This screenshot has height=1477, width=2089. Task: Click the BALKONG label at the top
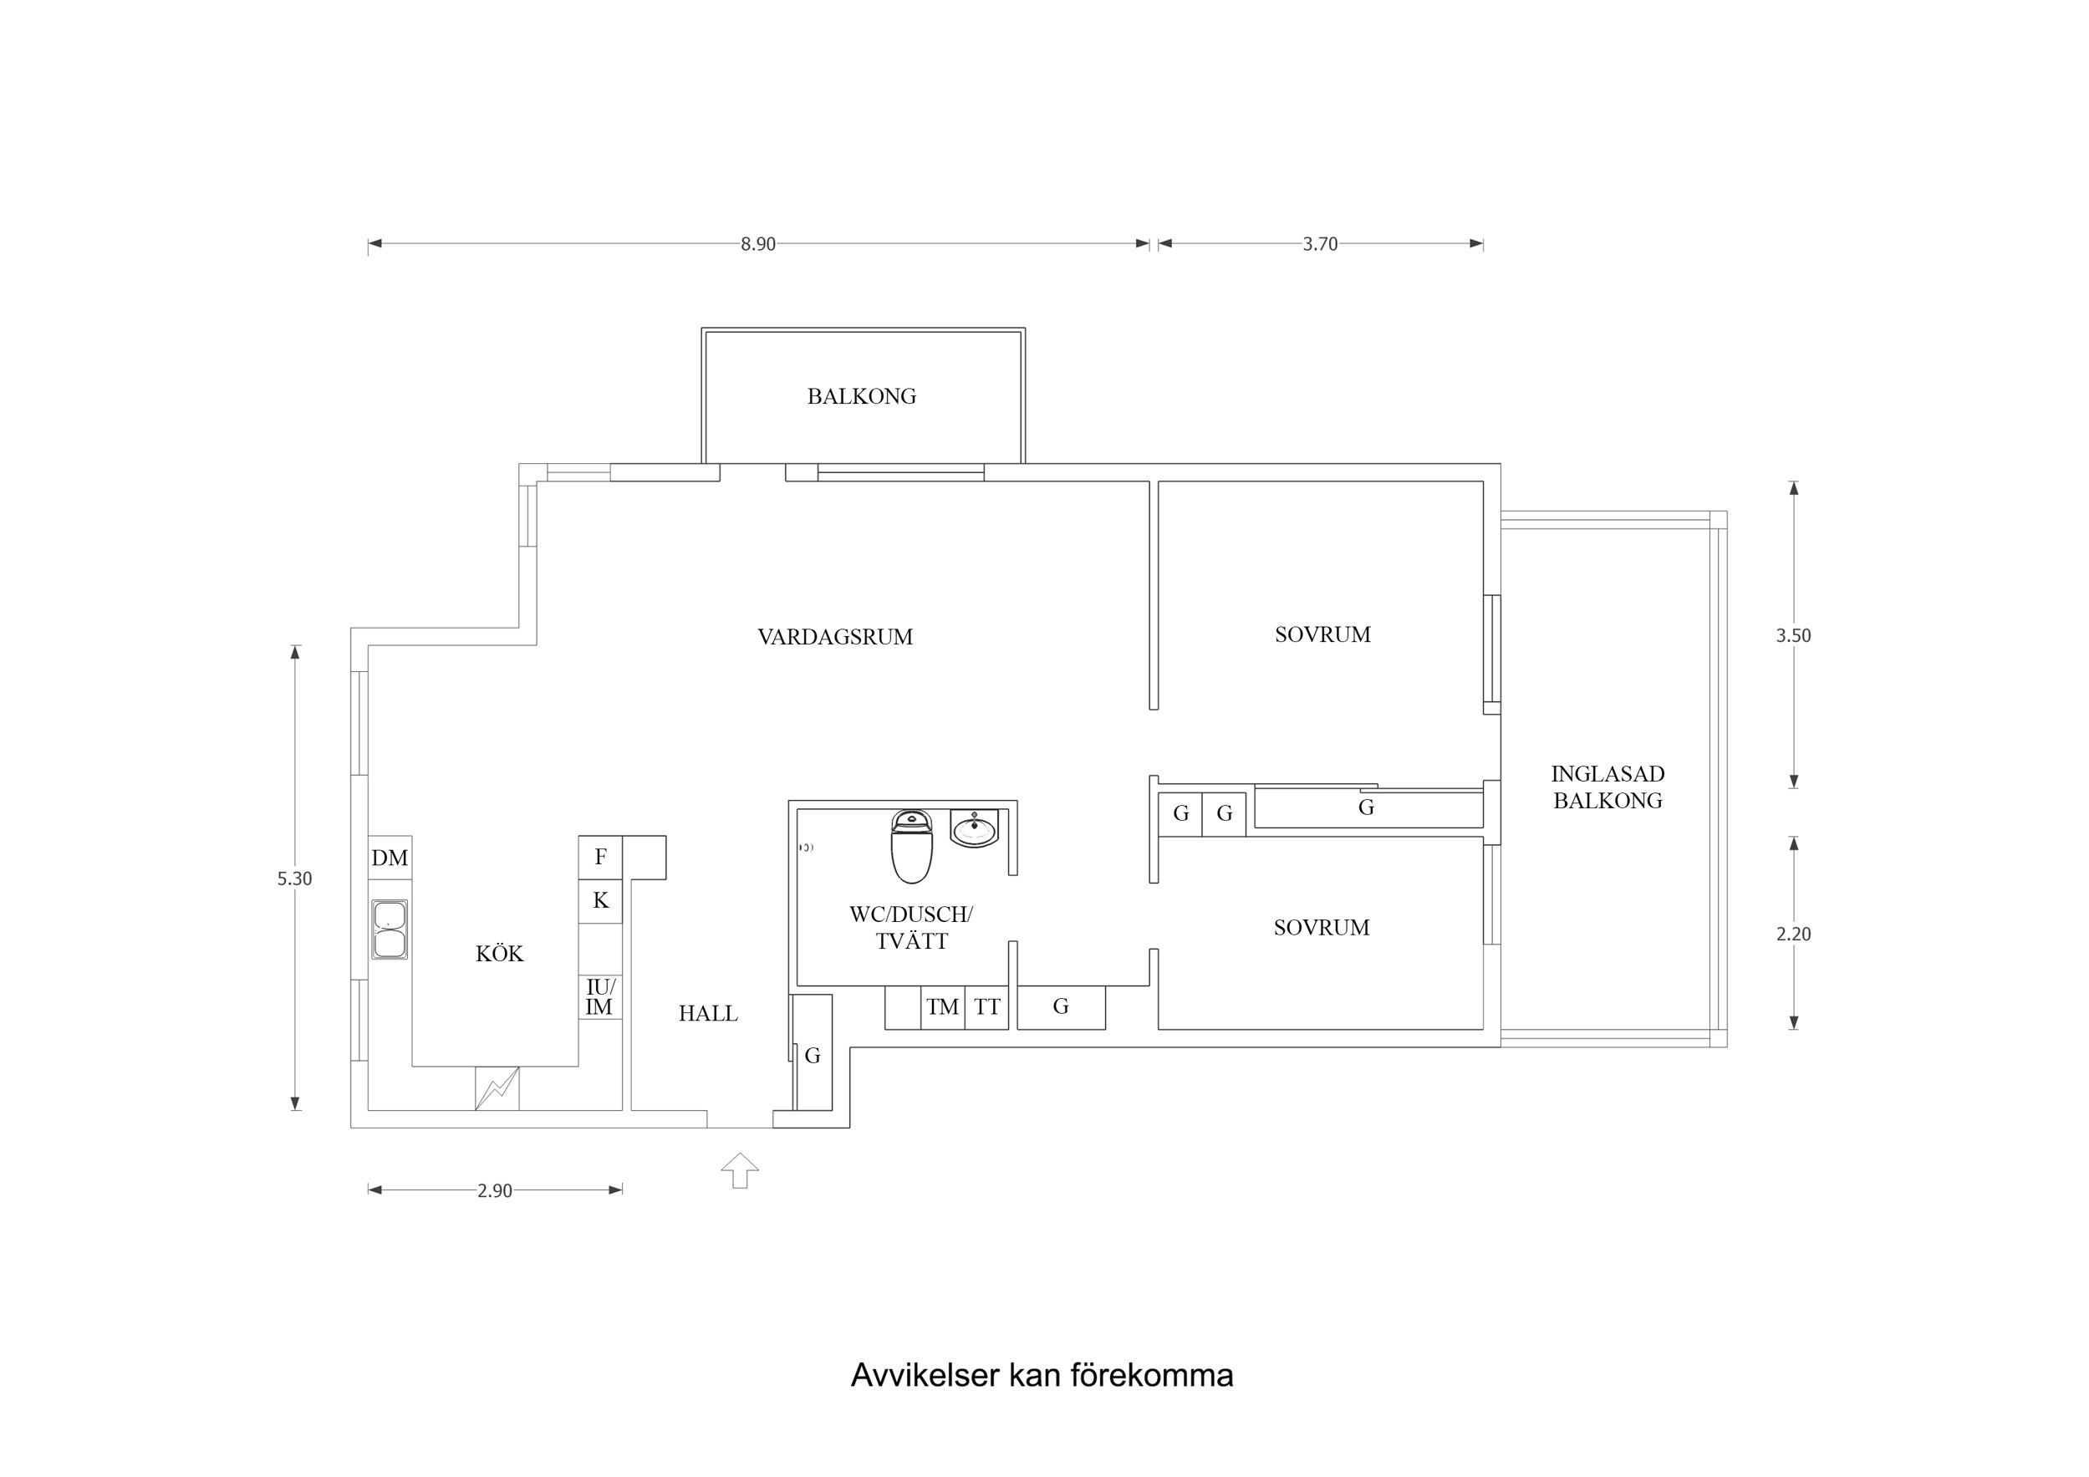tap(861, 396)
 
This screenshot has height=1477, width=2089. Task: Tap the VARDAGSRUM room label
tap(834, 637)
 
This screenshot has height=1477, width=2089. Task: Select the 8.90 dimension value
tap(757, 244)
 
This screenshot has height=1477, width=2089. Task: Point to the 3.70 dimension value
tap(1319, 244)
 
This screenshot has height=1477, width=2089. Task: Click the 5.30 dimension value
tap(294, 879)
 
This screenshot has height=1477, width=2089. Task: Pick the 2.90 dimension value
tap(494, 1190)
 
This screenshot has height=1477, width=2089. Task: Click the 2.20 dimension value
tap(1792, 934)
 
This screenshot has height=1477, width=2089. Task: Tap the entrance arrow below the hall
tap(740, 1170)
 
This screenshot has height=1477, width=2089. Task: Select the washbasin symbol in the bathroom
tap(974, 828)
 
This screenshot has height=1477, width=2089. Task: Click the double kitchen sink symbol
tap(390, 929)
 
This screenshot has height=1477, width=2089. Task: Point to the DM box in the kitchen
tap(390, 858)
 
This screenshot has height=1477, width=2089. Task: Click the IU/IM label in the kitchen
tap(599, 997)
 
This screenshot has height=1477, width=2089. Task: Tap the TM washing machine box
tap(942, 1007)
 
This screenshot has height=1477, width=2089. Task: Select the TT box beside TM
tap(986, 1007)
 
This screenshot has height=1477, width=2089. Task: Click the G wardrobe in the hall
tap(812, 1055)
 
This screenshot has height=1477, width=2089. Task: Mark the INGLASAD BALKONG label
tap(1607, 787)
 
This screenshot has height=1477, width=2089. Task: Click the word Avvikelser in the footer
tap(925, 1375)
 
